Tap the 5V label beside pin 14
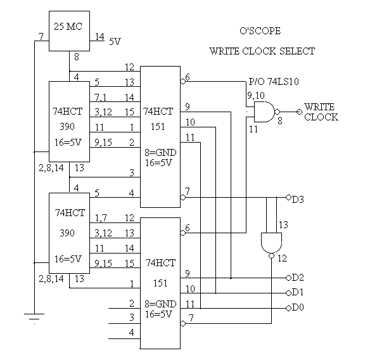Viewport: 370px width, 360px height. [x=115, y=42]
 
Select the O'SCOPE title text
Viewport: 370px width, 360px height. [x=260, y=31]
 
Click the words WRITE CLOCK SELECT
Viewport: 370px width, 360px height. [x=262, y=51]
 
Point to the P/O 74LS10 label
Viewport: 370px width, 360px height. [x=274, y=81]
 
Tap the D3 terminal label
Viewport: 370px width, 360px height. [x=298, y=200]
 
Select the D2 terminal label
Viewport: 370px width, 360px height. [x=298, y=278]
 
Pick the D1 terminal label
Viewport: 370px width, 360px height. [x=298, y=292]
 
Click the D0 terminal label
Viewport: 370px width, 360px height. [x=298, y=307]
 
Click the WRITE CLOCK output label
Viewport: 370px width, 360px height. [x=321, y=112]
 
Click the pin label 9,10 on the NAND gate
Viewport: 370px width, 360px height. [x=256, y=96]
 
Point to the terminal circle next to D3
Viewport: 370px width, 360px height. [x=288, y=197]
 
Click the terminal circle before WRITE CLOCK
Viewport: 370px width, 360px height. [x=299, y=112]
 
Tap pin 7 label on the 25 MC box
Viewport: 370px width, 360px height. [x=41, y=37]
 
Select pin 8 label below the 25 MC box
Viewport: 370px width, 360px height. [x=77, y=57]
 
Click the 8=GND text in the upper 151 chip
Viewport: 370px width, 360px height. [x=160, y=153]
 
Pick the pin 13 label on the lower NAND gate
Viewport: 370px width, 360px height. [x=283, y=225]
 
